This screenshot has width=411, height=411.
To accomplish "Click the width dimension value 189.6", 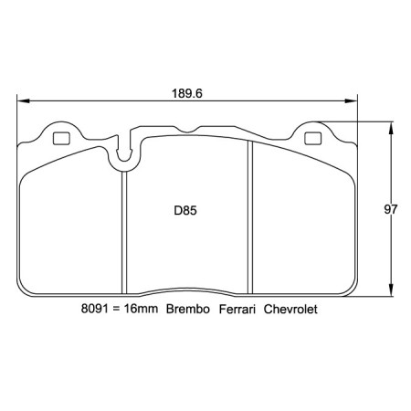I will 186,92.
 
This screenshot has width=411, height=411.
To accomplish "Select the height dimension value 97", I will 391,209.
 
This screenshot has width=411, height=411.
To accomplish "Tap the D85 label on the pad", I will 186,209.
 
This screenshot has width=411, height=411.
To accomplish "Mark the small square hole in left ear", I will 62,140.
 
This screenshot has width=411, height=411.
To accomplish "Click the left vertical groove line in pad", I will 122,228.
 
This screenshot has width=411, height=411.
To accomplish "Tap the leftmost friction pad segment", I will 71,228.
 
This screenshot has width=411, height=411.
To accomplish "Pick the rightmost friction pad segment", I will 301,228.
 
